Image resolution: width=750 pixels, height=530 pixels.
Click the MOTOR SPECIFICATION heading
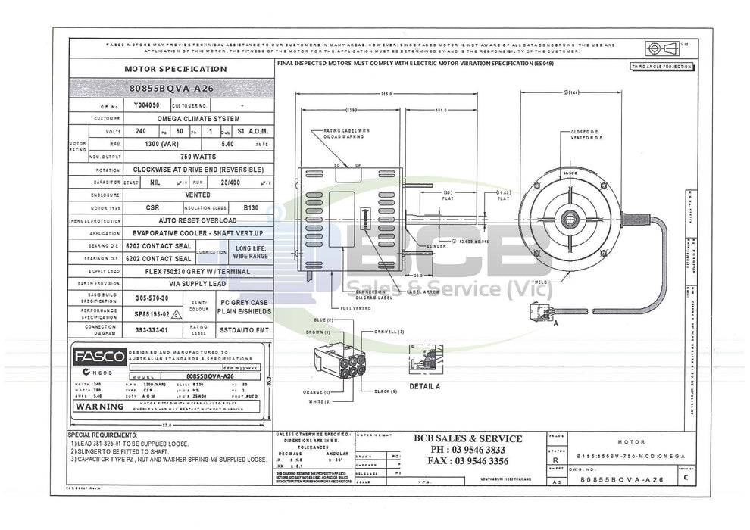pyautogui.click(x=175, y=69)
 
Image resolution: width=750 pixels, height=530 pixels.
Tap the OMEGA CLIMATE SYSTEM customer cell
pyautogui.click(x=198, y=119)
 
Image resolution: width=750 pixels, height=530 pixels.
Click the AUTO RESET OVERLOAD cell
pyautogui.click(x=198, y=220)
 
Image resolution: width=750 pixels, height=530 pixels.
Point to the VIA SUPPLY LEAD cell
pyautogui.click(x=198, y=284)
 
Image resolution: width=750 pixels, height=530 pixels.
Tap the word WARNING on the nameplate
pyautogui.click(x=99, y=407)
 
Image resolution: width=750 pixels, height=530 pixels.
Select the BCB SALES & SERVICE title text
pyautogui.click(x=467, y=438)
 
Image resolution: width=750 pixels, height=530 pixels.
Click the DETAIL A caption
pyautogui.click(x=424, y=386)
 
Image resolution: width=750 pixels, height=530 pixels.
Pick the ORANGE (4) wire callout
pyautogui.click(x=317, y=391)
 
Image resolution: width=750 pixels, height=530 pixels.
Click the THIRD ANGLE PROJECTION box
pyautogui.click(x=661, y=67)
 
